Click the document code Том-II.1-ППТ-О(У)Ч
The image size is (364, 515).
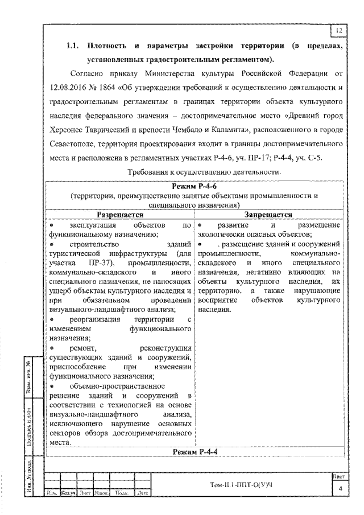tap(242, 484)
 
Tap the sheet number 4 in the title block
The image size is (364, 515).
tap(340, 489)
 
